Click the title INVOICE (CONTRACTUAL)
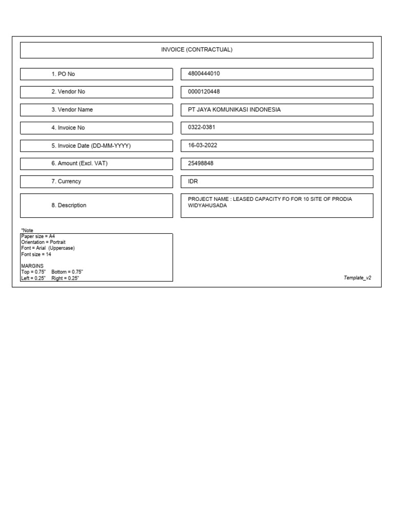pyautogui.click(x=196, y=50)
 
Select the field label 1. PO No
pyautogui.click(x=63, y=74)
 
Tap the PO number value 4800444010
pyautogui.click(x=204, y=73)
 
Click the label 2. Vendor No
pyautogui.click(x=68, y=91)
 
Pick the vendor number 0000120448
pyautogui.click(x=204, y=91)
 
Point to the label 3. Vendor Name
pyautogui.click(x=72, y=109)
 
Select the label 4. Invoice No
pyautogui.click(x=68, y=127)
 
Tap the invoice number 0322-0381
pyautogui.click(x=202, y=127)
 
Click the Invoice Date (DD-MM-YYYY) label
pyautogui.click(x=91, y=146)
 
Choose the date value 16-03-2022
pyautogui.click(x=203, y=145)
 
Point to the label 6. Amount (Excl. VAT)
pyautogui.click(x=79, y=163)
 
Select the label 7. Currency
pyautogui.click(x=66, y=181)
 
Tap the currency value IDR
pyautogui.click(x=193, y=181)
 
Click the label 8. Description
pyautogui.click(x=68, y=205)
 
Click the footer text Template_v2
pyautogui.click(x=357, y=277)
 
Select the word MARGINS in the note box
pyautogui.click(x=32, y=266)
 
